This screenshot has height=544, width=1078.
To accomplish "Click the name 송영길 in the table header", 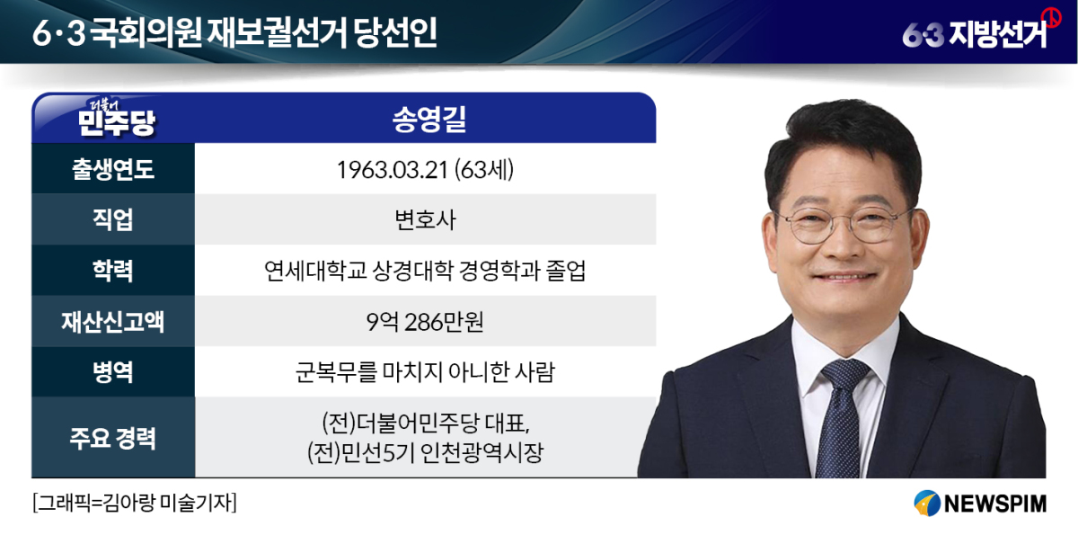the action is (429, 119).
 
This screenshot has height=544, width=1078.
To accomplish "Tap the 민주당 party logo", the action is (116, 118).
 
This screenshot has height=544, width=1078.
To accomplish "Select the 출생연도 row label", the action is (113, 169).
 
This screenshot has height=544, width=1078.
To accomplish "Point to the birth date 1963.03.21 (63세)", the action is (425, 170).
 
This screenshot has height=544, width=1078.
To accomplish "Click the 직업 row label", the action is (113, 219).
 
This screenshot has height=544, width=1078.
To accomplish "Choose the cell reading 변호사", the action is (425, 220).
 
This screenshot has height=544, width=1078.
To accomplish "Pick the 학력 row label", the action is (113, 271).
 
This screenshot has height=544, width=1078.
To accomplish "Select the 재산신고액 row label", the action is (113, 321).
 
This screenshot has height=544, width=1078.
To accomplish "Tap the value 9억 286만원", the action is (425, 322).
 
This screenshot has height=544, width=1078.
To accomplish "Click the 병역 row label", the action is (113, 372).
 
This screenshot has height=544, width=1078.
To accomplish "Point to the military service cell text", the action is (425, 372).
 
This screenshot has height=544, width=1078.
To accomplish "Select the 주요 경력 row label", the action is (113, 438).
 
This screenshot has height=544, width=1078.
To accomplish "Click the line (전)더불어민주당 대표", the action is (426, 423).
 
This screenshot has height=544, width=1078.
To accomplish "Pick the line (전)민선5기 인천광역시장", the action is (426, 452).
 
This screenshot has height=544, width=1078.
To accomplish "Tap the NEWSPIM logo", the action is (980, 504).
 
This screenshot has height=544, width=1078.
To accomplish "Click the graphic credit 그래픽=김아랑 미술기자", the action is (135, 503).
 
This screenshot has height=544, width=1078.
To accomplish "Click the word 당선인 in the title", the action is (395, 32).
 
